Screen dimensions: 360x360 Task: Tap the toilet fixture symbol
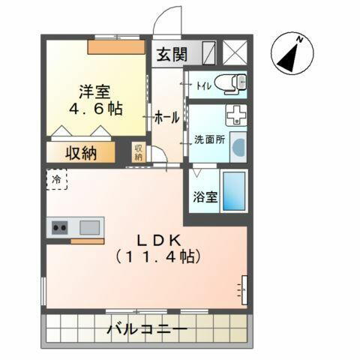point(228,83)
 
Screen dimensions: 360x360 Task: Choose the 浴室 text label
point(204,198)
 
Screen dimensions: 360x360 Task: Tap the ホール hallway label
point(166,118)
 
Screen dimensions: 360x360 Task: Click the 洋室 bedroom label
point(95,92)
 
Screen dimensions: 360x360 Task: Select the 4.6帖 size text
point(95,110)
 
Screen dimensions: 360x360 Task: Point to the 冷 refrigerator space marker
point(57,179)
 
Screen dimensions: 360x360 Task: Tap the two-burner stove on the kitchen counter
point(60,227)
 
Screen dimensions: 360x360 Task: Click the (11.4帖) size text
point(157,256)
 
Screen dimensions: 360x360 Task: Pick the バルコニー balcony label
point(146,329)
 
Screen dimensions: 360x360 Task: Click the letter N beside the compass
point(298,38)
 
